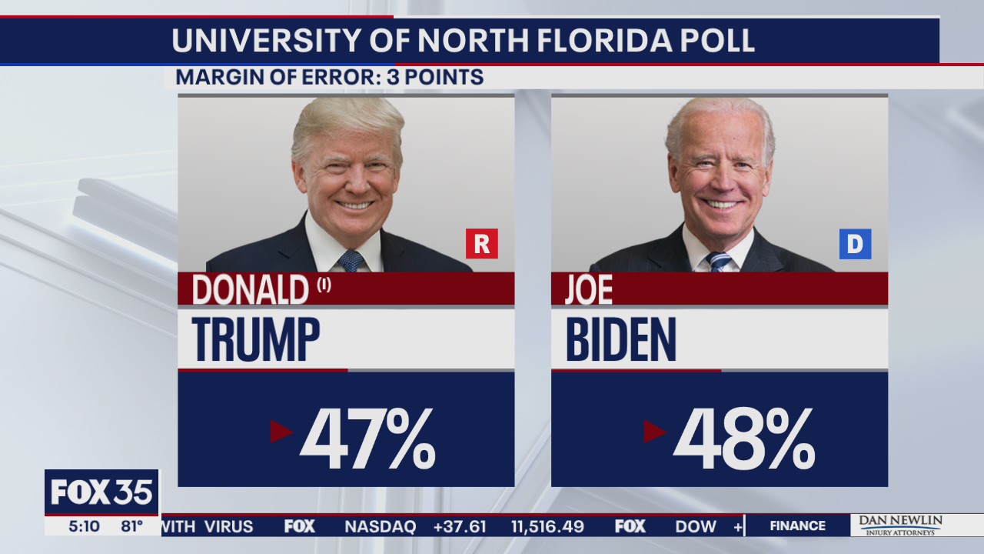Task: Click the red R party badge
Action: point(482,244)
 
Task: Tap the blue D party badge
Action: point(855,244)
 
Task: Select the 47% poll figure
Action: point(367,439)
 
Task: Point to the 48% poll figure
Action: point(743,439)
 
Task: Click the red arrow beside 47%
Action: point(281,432)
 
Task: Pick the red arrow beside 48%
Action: point(654,432)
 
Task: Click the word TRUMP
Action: point(256,339)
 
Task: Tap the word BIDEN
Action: point(621,339)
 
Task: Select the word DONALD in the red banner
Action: point(250,291)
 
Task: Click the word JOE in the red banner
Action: point(589,291)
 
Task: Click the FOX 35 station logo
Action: point(101,492)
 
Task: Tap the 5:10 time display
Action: point(84,526)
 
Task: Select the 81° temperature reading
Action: point(131,526)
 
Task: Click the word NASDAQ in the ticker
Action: point(380,527)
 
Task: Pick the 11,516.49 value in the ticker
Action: point(547,527)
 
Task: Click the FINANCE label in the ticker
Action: point(797,526)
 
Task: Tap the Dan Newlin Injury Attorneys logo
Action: point(899,526)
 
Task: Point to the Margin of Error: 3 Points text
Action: point(329,78)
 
